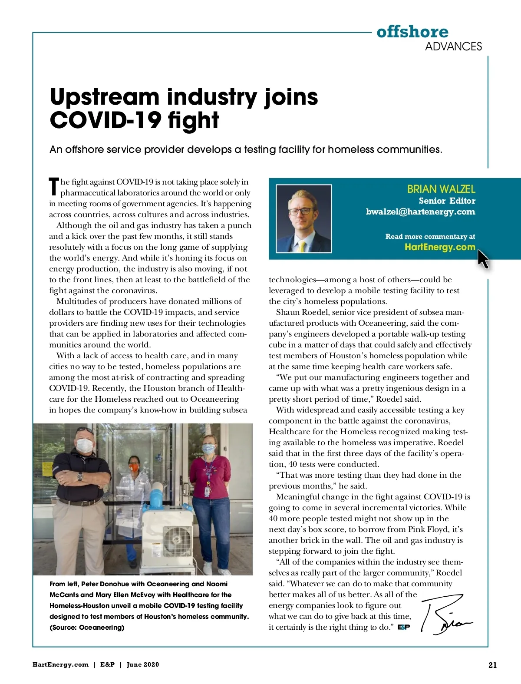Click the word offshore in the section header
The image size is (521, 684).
(412, 32)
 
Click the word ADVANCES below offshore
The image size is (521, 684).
(453, 46)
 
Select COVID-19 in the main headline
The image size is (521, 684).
(104, 120)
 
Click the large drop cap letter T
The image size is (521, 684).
(54, 187)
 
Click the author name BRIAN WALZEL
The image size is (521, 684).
(441, 189)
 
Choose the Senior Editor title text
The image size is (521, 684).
(447, 201)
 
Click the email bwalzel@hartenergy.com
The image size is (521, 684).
(420, 212)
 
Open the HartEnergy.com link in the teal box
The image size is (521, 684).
(439, 247)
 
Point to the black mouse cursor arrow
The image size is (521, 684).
(482, 258)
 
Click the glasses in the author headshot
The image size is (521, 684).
(300, 211)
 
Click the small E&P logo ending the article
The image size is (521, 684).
(403, 627)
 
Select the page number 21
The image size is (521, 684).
(492, 665)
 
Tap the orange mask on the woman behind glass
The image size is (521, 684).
(134, 467)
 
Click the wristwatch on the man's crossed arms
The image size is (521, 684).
(80, 476)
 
